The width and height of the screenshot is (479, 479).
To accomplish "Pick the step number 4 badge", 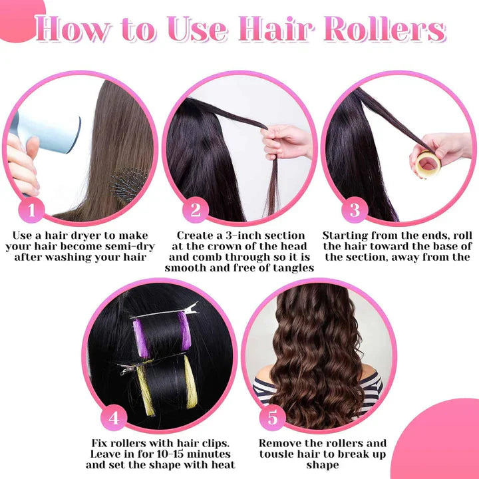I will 114,418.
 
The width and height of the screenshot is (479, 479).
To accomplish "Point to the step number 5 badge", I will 272,418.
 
